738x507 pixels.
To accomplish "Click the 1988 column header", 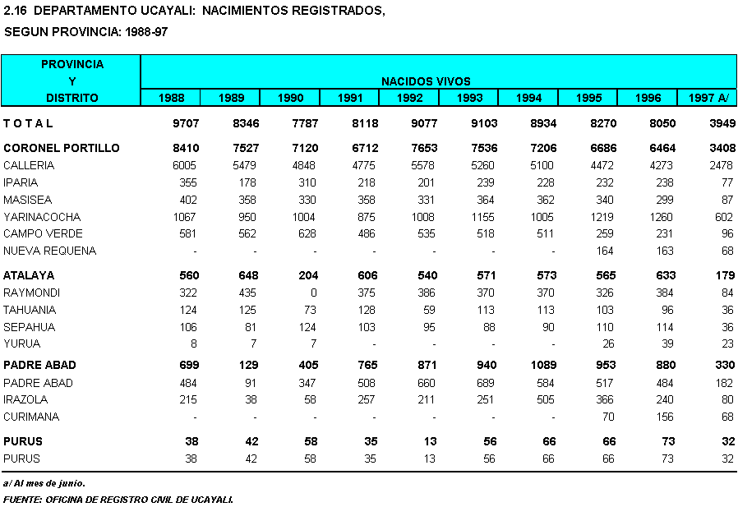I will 171,99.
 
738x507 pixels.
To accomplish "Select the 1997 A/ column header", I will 708,99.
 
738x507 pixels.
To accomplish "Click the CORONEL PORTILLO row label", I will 62,149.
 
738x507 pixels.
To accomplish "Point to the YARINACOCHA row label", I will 42,217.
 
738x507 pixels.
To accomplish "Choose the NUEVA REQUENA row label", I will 50,251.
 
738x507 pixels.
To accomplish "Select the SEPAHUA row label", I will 29,327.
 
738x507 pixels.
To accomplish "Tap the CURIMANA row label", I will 31,417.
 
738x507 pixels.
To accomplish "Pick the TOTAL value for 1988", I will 183,124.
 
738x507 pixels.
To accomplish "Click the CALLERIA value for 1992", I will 418,166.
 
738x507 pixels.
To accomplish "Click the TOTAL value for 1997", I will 721,124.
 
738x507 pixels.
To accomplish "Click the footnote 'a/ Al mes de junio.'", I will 44,483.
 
